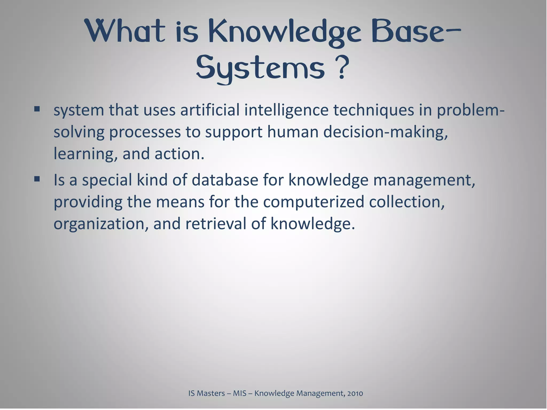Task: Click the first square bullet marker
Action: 37,109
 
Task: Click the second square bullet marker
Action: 37,179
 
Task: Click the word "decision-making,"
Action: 385,132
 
